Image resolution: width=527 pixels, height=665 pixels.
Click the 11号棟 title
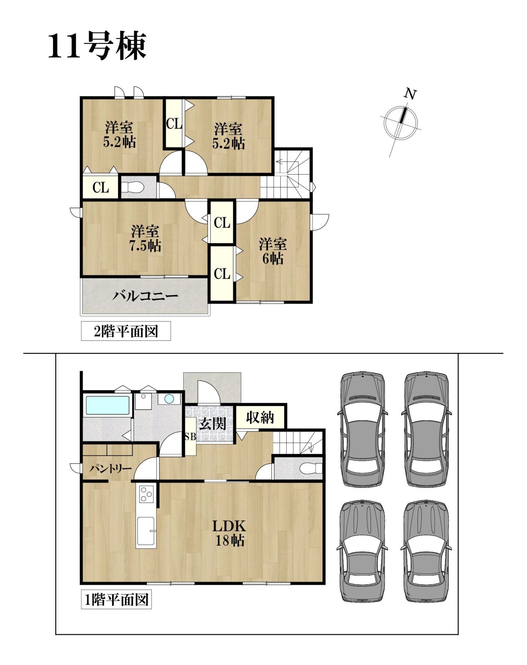click(x=97, y=46)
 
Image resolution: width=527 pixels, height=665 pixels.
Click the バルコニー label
click(x=145, y=296)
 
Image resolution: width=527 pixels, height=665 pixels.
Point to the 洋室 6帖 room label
click(x=273, y=251)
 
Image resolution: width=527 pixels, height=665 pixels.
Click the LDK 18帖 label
click(x=230, y=533)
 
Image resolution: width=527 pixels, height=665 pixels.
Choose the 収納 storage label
click(x=260, y=418)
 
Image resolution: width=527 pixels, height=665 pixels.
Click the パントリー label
click(x=110, y=469)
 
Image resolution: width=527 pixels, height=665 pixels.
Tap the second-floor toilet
click(x=133, y=187)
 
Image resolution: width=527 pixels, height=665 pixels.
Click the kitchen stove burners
click(x=146, y=494)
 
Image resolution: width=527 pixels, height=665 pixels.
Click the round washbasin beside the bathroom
click(x=169, y=399)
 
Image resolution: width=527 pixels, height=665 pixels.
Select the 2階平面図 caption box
click(x=126, y=331)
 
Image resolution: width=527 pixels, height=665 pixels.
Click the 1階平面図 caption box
click(x=116, y=599)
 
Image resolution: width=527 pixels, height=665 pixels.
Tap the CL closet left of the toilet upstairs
click(x=101, y=187)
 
